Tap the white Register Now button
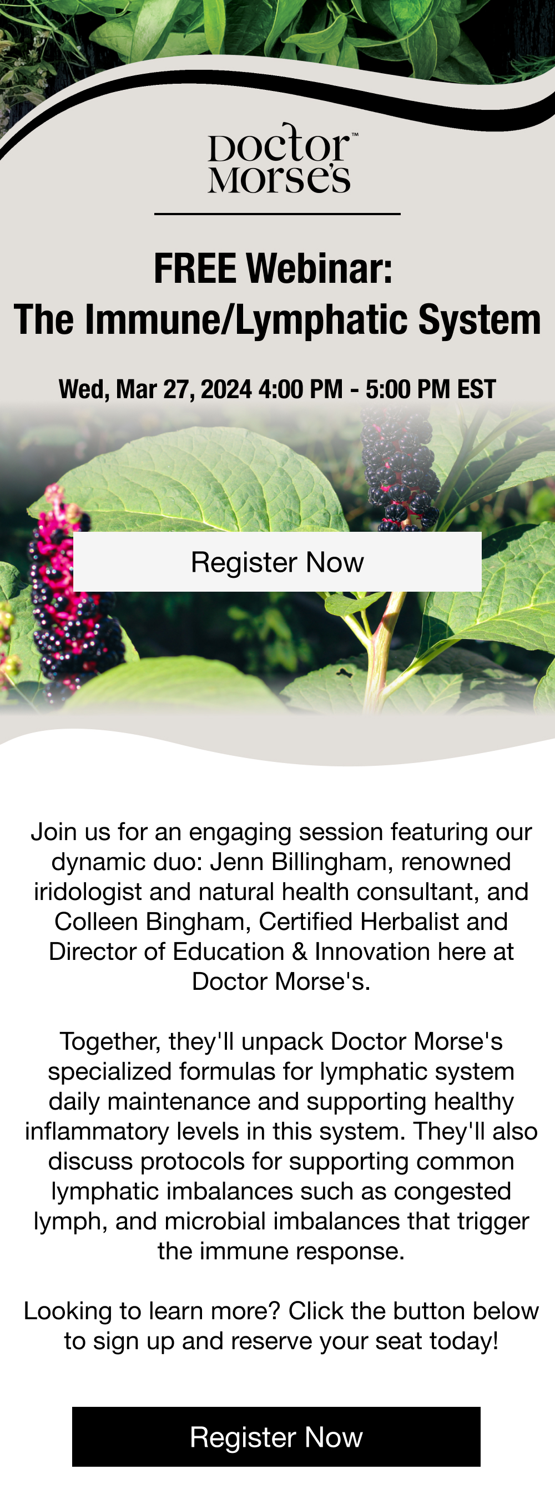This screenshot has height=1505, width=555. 277,561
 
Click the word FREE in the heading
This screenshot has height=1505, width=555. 195,269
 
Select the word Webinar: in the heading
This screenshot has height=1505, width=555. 319,269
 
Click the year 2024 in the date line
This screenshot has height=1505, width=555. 226,389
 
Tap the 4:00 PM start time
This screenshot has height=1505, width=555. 300,389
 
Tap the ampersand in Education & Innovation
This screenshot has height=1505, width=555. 300,952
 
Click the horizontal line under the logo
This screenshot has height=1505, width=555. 277,214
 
